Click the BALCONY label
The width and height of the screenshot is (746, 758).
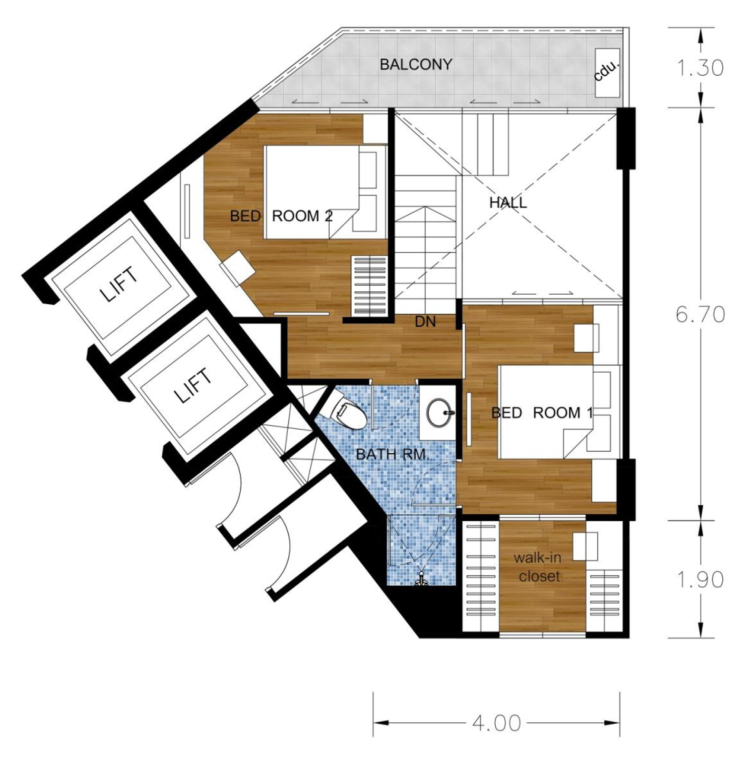416,64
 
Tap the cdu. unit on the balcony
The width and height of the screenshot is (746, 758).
607,71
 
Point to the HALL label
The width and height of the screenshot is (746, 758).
508,203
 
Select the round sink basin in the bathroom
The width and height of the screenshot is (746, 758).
439,412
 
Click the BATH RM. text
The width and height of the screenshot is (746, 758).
393,454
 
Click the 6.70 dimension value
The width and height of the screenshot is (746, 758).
700,314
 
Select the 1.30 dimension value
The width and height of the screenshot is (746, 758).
700,68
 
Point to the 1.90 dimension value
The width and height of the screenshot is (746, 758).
700,579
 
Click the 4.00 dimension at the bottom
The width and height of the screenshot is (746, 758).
497,723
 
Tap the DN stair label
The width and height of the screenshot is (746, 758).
425,321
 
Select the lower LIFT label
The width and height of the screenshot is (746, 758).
193,385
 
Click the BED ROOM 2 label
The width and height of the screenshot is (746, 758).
281,216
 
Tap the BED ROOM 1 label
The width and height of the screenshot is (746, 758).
542,412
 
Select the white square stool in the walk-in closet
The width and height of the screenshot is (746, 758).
585,546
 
